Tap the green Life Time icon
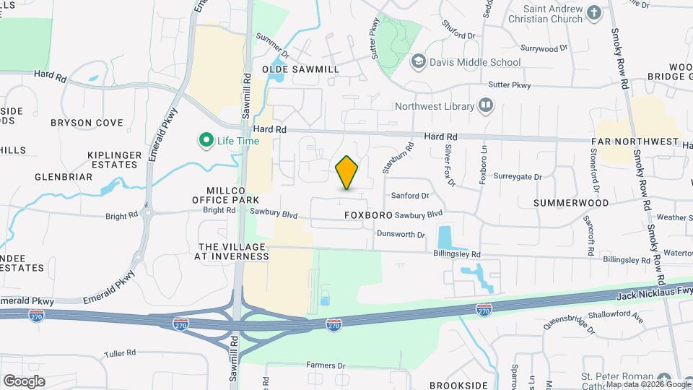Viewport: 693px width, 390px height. [x=206, y=140]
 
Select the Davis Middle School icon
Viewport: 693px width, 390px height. [x=417, y=62]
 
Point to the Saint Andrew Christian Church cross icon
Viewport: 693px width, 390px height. [x=593, y=12]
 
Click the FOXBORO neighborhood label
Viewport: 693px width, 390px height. [x=368, y=215]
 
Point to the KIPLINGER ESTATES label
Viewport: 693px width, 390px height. [x=113, y=160]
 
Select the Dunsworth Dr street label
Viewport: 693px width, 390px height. [x=401, y=235]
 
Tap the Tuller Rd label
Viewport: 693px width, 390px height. [x=120, y=353]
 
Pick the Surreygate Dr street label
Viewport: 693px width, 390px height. [x=517, y=176]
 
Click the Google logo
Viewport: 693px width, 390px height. [x=23, y=381]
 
